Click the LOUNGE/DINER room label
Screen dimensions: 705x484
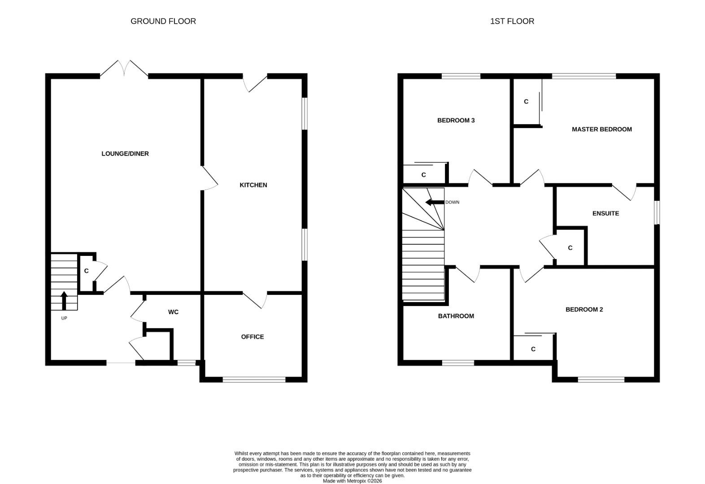tap(125, 154)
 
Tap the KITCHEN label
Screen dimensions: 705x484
tap(253, 185)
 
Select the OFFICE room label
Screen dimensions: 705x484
tap(252, 337)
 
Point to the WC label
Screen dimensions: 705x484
tap(174, 312)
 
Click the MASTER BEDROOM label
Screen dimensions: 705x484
tap(602, 129)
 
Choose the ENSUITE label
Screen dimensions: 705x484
tap(605, 213)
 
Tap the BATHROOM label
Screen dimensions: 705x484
tap(456, 316)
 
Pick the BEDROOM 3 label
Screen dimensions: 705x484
tap(456, 121)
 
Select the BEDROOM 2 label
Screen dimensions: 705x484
tap(584, 310)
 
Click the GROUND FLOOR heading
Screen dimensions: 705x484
tap(163, 21)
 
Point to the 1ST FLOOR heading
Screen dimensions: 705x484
tap(512, 21)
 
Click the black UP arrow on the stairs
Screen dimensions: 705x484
tap(64, 301)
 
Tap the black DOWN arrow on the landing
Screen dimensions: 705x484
tap(435, 202)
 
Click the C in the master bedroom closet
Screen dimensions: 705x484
tap(526, 102)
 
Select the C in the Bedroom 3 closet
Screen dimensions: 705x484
tap(424, 175)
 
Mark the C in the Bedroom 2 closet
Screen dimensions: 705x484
tap(533, 349)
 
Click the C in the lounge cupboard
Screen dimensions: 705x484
tap(86, 271)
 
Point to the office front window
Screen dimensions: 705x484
tap(254, 380)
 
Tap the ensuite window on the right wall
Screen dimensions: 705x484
tap(657, 212)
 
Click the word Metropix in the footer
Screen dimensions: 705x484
tap(357, 481)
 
